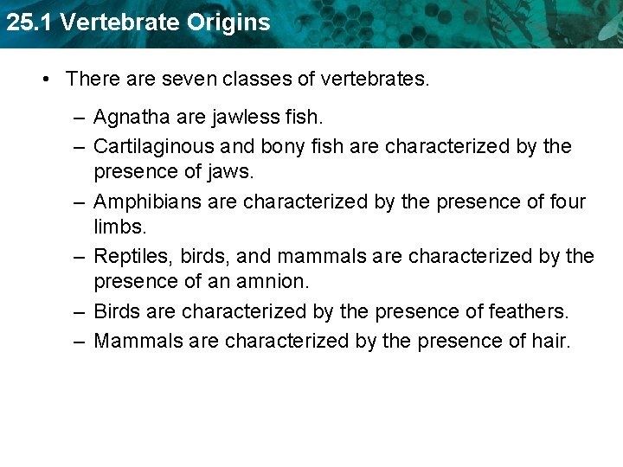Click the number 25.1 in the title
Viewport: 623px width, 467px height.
[25, 22]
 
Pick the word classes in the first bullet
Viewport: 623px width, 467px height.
[257, 80]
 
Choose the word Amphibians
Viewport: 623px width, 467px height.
[145, 202]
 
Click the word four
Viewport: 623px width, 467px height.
[567, 202]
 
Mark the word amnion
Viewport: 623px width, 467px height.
[273, 281]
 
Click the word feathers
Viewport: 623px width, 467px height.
[526, 310]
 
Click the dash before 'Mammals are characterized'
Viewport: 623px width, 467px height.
[79, 341]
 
